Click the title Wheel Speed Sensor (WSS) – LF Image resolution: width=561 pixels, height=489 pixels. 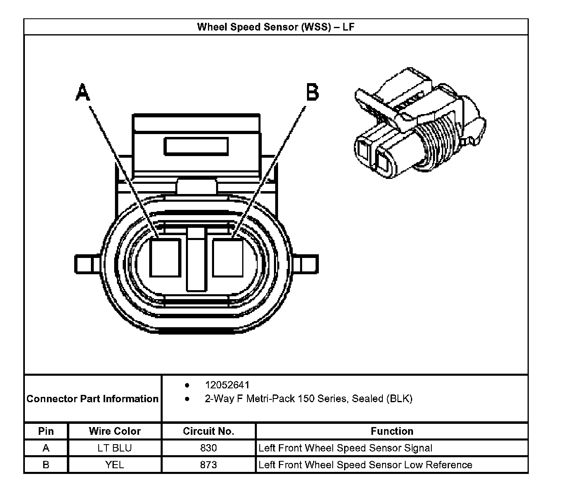pyautogui.click(x=276, y=27)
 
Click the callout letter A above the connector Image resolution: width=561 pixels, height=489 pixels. pyautogui.click(x=83, y=93)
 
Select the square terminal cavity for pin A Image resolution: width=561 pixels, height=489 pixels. pyautogui.click(x=165, y=258)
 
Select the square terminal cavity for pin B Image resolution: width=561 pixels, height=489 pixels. pyautogui.click(x=228, y=258)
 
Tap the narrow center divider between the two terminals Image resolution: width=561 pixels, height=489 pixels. pyautogui.click(x=196, y=261)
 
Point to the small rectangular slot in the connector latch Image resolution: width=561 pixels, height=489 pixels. pyautogui.click(x=196, y=146)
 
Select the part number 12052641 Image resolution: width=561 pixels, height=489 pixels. pyautogui.click(x=227, y=385)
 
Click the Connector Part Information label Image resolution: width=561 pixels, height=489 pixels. pyautogui.click(x=93, y=399)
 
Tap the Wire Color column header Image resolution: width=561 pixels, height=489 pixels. pyautogui.click(x=115, y=431)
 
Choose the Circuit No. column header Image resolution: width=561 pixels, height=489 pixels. pyautogui.click(x=208, y=431)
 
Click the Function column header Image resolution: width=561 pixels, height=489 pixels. pyautogui.click(x=392, y=431)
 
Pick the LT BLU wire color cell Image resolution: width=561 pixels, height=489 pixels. pyautogui.click(x=115, y=448)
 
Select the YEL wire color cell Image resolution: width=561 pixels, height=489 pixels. pyautogui.click(x=115, y=465)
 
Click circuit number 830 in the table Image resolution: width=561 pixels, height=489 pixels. pyautogui.click(x=208, y=448)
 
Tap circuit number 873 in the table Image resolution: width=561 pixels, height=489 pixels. pyautogui.click(x=208, y=465)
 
